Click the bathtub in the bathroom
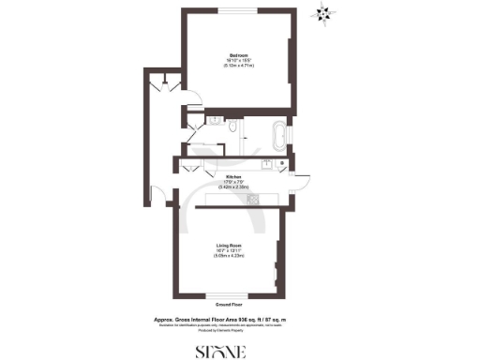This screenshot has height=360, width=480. [x=279, y=137]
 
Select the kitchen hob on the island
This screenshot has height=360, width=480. [x=252, y=199]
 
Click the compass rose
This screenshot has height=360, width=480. [x=325, y=14]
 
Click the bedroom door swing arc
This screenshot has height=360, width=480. [x=188, y=107]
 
